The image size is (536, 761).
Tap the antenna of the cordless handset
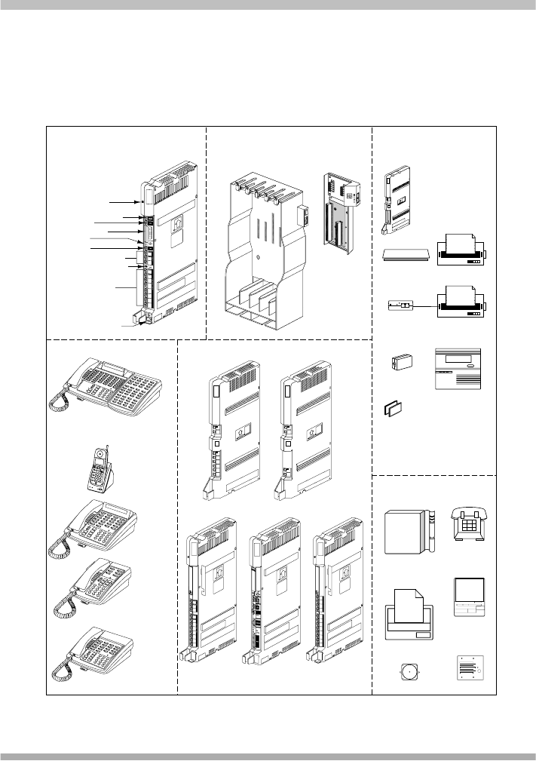point(107,451)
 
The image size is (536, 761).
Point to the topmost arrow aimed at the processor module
point(124,203)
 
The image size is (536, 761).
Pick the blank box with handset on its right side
point(409,532)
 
